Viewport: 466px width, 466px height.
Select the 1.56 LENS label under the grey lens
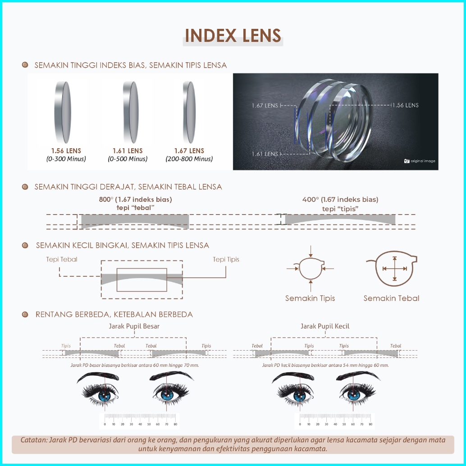point(66,151)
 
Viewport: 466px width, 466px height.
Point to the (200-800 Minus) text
point(189,159)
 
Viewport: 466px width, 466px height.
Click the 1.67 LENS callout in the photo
point(265,105)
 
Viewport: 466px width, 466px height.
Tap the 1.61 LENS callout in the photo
point(265,154)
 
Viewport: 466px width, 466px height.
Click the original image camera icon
point(407,161)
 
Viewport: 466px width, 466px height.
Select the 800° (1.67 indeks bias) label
point(135,199)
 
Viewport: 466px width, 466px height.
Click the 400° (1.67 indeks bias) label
point(340,199)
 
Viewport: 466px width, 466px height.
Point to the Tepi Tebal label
point(62,259)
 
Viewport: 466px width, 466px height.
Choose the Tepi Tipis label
point(226,259)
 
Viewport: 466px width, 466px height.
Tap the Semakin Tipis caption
point(310,298)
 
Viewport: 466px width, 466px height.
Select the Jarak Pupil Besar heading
point(134,326)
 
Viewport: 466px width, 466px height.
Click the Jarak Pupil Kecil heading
point(325,326)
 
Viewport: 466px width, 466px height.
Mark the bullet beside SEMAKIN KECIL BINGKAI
point(26,245)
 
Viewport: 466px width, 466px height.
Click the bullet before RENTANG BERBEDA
point(26,314)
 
